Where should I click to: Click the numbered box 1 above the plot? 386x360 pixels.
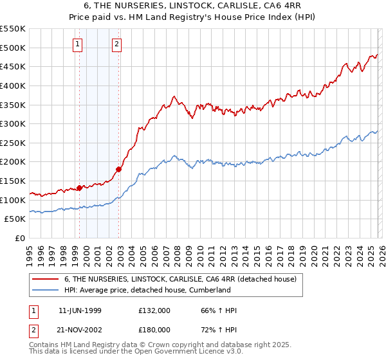[77, 44]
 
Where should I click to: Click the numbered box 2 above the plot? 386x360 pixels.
[116, 44]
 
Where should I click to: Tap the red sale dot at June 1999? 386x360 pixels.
[80, 188]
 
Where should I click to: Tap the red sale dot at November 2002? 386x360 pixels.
[119, 170]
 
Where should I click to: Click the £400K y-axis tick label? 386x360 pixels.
[13, 85]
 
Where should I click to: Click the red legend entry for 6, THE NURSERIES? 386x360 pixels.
[180, 280]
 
